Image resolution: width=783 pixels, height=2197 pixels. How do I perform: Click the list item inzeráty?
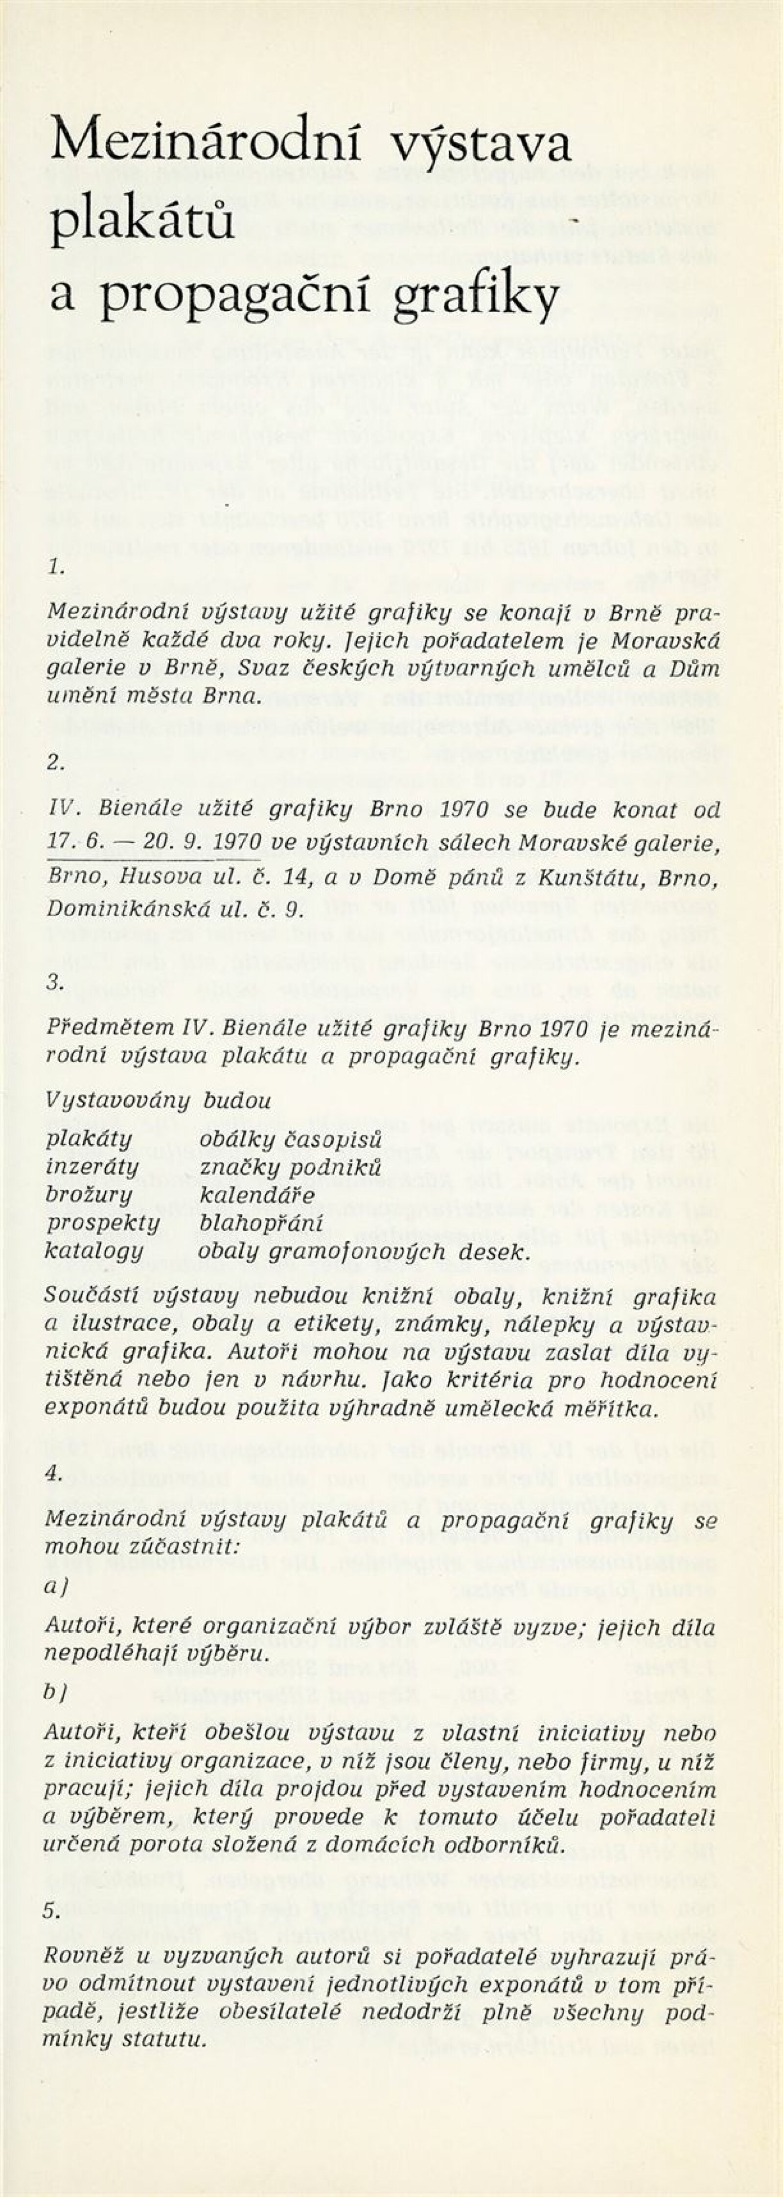point(92,1167)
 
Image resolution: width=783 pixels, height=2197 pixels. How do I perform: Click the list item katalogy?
point(94,1251)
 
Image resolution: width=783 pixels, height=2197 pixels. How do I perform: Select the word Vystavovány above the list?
point(118,1100)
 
